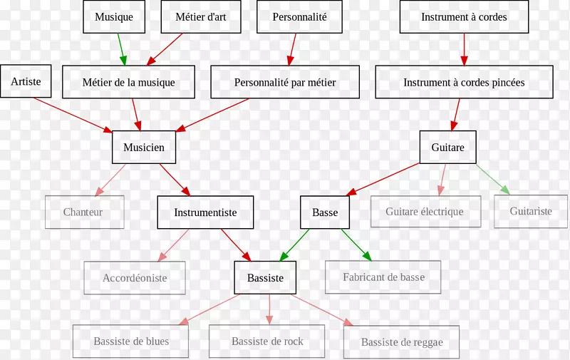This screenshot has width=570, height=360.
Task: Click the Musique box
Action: tap(114, 17)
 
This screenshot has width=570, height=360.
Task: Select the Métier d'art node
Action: tap(200, 17)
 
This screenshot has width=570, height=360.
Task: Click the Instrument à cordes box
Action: tap(464, 17)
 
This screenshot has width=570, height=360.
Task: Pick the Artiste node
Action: tap(26, 82)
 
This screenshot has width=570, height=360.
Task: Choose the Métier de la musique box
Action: tap(128, 82)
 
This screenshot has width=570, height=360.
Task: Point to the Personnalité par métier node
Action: tap(285, 82)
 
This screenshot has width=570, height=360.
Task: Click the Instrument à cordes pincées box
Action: tap(464, 82)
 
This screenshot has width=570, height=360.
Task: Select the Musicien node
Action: tap(144, 148)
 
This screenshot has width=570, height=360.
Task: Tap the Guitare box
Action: tap(447, 148)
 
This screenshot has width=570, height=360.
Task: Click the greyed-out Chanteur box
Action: tap(83, 212)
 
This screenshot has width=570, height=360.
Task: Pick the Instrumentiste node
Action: tap(205, 212)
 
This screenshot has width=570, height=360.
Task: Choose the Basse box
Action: tap(325, 212)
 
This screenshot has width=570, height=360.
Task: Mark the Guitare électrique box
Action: tap(425, 212)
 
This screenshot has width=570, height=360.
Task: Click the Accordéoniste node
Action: tap(135, 278)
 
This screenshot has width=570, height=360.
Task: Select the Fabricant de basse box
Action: tap(383, 277)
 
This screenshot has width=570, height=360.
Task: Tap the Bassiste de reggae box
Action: tap(401, 342)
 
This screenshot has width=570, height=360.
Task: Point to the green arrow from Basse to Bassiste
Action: tap(294, 245)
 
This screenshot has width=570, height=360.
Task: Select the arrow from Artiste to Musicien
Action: tap(71, 114)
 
